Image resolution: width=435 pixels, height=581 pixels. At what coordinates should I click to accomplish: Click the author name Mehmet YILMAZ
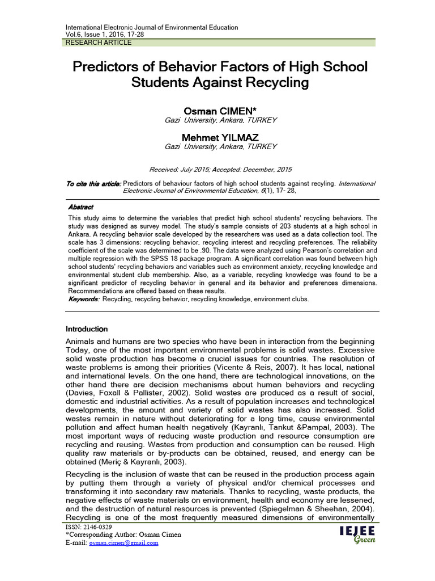[220, 137]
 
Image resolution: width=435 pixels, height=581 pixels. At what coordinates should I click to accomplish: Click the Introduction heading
[87, 329]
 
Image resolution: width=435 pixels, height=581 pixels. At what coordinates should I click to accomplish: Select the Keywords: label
[83, 299]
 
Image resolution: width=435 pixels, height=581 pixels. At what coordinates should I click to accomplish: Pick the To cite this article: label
[93, 183]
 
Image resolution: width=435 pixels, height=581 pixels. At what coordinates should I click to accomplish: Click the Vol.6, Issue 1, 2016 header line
[113, 34]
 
